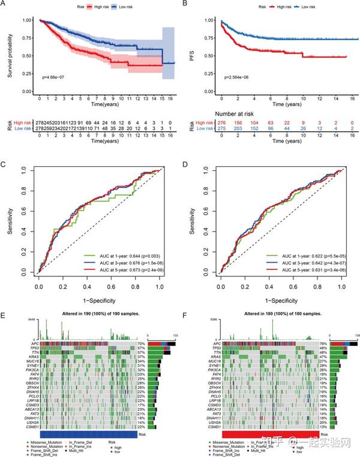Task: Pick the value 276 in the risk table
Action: click(221, 122)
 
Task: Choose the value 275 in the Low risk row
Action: click(221, 128)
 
